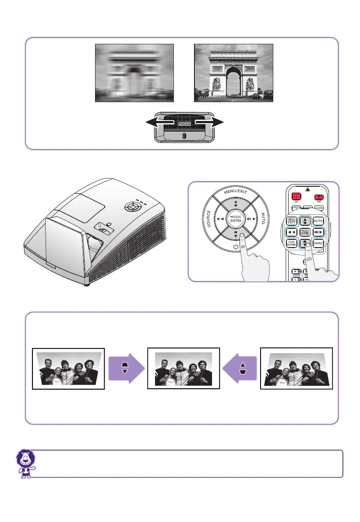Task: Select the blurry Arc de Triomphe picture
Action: (134, 73)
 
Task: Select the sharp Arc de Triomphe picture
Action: (233, 73)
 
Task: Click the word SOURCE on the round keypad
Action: (209, 219)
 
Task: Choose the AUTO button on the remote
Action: (318, 221)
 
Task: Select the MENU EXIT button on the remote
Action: (292, 221)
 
